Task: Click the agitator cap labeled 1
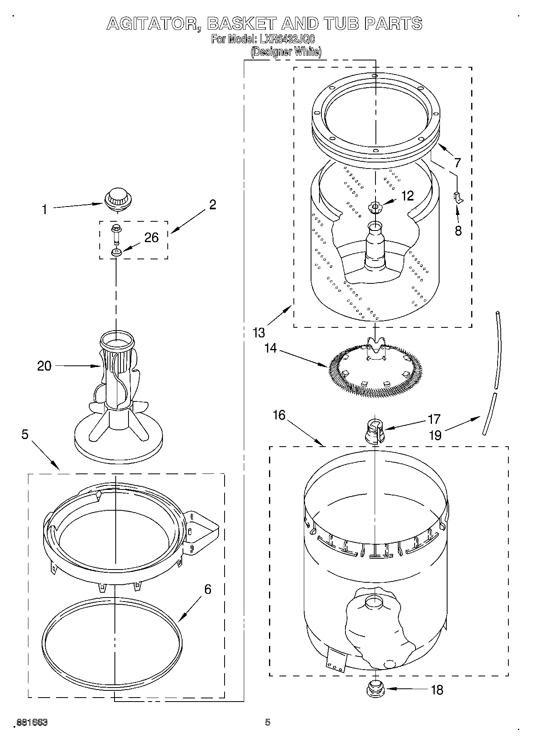[x=117, y=199]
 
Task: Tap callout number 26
[x=152, y=238]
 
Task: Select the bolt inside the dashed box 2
[x=116, y=234]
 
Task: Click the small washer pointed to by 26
[x=116, y=253]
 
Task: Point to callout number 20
[x=44, y=366]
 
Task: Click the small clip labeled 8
[x=458, y=198]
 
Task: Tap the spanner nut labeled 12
[x=375, y=207]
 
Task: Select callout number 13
[x=259, y=333]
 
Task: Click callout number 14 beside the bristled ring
[x=271, y=348]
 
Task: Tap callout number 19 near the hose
[x=435, y=435]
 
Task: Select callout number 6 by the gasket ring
[x=207, y=589]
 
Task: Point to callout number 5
[x=25, y=434]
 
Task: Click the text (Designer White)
[x=286, y=52]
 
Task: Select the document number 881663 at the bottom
[x=32, y=722]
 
